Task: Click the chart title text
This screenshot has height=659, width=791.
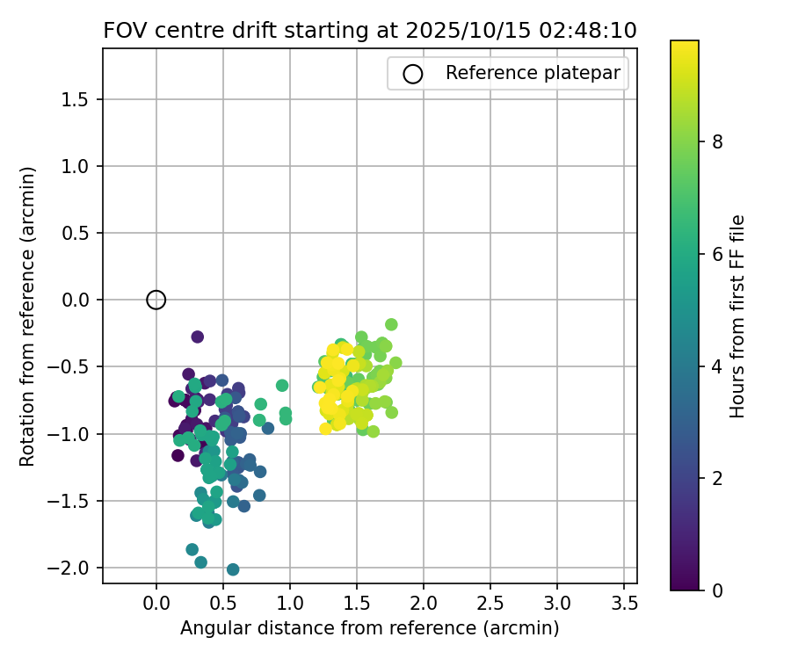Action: tap(370, 30)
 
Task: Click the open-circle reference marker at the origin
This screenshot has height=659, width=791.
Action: tap(156, 300)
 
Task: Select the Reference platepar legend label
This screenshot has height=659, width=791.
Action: tap(533, 73)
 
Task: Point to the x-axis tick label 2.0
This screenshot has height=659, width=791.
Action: tap(424, 605)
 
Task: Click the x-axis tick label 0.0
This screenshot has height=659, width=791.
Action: tap(156, 605)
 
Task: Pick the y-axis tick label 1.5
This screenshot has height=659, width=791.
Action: tap(76, 100)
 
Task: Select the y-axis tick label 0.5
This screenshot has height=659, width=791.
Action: tap(76, 234)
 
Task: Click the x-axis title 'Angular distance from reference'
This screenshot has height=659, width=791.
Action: tap(370, 628)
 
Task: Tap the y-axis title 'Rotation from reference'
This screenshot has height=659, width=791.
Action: tap(28, 316)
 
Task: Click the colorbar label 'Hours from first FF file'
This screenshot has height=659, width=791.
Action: tap(738, 316)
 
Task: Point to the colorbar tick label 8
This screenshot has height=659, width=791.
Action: tap(718, 141)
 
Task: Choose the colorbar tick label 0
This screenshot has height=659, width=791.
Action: tap(718, 590)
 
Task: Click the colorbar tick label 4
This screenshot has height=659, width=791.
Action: tap(718, 366)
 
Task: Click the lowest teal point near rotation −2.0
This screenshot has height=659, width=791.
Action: tap(233, 569)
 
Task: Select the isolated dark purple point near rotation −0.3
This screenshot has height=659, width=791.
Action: tap(197, 337)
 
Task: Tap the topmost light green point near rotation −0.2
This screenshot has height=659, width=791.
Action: tap(391, 324)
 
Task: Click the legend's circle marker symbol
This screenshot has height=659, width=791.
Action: tap(413, 74)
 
